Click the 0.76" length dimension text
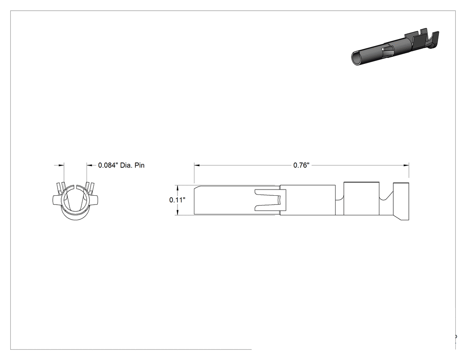301,165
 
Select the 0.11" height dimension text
178,200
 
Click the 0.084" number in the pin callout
108,165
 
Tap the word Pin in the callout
140,165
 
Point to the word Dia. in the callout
126,165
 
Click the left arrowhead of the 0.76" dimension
197,165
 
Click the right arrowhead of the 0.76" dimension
406,165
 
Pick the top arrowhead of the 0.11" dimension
178,188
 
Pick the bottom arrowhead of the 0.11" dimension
178,212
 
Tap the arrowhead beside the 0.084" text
90,165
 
